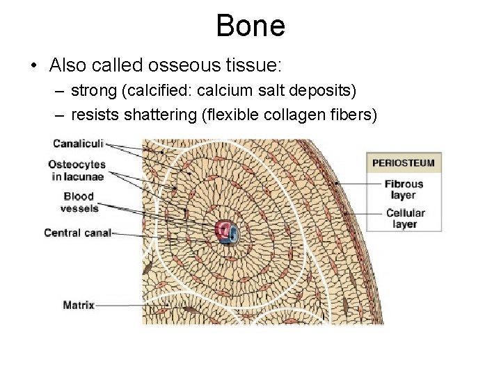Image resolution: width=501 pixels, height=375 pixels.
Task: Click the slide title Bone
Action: (x=250, y=26)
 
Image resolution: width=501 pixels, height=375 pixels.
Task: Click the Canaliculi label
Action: (x=78, y=144)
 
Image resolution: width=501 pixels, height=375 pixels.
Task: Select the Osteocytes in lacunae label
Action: (x=77, y=170)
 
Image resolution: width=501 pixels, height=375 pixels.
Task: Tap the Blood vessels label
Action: (x=79, y=202)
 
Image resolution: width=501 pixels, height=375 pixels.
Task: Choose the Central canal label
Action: (x=77, y=233)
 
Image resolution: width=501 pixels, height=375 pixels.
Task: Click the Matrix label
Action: (x=79, y=304)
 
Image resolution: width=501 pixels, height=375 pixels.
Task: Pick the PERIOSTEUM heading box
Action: (x=404, y=163)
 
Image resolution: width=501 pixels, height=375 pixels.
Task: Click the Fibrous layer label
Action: (x=404, y=190)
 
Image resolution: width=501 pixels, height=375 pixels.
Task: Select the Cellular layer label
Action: (x=405, y=219)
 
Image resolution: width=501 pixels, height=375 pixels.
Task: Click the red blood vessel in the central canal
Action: (x=223, y=230)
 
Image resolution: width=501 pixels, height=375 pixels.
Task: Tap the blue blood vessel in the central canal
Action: (x=234, y=235)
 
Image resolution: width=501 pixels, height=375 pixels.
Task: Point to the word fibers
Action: (x=354, y=114)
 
